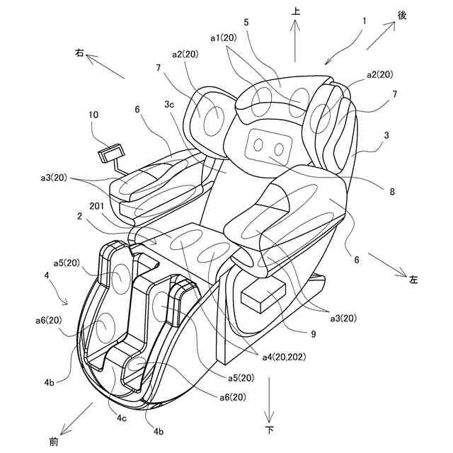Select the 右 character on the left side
pos(79,52)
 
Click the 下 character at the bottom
pos(269,430)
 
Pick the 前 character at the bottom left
pos(54,441)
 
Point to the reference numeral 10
pos(94,115)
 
